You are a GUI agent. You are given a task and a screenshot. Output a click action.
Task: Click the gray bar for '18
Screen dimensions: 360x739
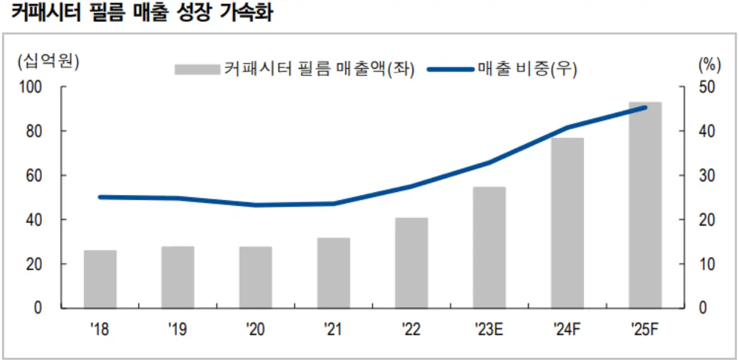[100, 279]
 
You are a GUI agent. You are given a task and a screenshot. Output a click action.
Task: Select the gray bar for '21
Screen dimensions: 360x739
[334, 273]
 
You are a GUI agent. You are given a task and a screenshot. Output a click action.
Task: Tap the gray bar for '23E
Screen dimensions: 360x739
[489, 248]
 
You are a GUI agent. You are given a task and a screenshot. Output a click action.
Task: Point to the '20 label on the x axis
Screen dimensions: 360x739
[255, 329]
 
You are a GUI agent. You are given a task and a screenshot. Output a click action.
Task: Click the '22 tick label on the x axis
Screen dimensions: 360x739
[411, 329]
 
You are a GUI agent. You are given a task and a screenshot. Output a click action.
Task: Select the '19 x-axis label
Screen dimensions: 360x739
[178, 329]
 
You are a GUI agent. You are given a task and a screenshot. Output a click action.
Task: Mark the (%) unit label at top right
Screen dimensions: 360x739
[709, 63]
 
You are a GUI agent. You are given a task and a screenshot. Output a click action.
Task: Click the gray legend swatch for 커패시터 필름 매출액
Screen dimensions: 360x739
[197, 69]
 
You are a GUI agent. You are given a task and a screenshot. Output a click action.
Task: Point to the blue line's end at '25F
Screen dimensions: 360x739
[645, 108]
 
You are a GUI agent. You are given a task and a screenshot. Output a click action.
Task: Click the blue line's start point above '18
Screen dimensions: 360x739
[100, 197]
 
